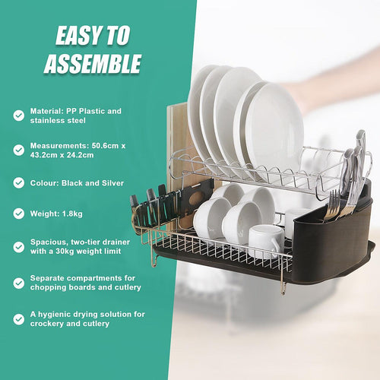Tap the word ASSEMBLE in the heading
point(93,63)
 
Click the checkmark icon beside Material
point(18,116)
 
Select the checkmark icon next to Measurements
point(18,150)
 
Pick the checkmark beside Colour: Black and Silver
point(18,182)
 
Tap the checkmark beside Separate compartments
point(18,283)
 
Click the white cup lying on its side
point(265,239)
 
